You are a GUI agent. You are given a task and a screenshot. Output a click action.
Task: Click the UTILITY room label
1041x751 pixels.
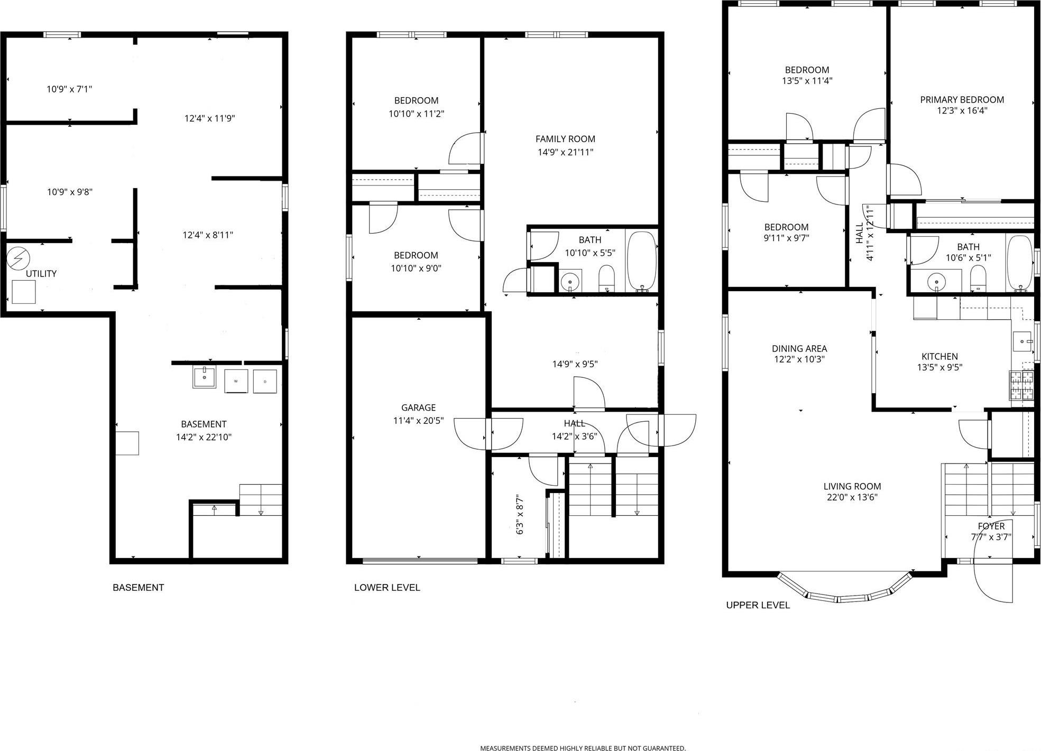(x=41, y=274)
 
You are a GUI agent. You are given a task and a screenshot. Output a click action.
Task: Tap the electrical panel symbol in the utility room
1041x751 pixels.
(x=19, y=258)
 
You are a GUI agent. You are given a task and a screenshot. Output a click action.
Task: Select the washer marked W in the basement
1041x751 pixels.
(x=236, y=381)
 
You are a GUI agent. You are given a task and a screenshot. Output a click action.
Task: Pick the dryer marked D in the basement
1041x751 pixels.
(x=265, y=381)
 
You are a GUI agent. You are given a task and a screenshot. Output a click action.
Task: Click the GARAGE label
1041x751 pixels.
(x=418, y=407)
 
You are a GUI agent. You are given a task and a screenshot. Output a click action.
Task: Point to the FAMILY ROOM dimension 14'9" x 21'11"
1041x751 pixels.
(x=565, y=153)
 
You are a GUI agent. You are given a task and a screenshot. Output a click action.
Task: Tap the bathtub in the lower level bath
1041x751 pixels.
(x=642, y=261)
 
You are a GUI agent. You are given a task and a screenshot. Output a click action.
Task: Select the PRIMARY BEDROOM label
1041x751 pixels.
(x=962, y=100)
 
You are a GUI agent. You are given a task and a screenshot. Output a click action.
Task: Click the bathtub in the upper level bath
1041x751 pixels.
(x=1020, y=263)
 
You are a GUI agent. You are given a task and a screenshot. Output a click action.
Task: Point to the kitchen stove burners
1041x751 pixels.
(x=1021, y=385)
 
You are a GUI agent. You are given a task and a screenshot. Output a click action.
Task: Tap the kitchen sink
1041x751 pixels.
(x=1022, y=339)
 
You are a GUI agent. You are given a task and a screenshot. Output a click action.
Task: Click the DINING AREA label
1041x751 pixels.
(x=799, y=349)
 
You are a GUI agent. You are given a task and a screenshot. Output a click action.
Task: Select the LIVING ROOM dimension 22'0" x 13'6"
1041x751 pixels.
(x=852, y=497)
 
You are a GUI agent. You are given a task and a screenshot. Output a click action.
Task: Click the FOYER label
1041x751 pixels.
(x=991, y=526)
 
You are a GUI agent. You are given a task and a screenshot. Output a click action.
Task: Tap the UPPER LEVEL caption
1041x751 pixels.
(x=758, y=605)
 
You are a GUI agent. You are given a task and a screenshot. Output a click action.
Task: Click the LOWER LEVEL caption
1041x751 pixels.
(x=387, y=588)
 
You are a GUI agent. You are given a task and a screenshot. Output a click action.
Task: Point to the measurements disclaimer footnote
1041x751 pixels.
(x=583, y=748)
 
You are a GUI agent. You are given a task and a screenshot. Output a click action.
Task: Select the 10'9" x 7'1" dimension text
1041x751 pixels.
(x=69, y=89)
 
